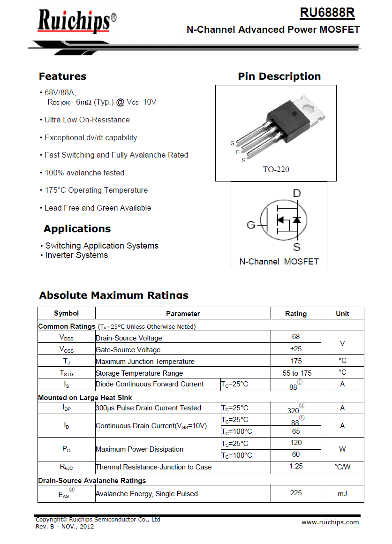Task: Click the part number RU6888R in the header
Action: (327, 13)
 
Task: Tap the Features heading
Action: (62, 76)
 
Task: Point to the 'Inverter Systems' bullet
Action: (76, 255)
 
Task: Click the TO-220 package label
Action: (276, 169)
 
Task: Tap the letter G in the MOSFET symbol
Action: (251, 225)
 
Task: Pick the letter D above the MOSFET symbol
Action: (297, 194)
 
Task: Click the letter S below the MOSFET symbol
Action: (297, 247)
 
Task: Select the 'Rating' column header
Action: (296, 314)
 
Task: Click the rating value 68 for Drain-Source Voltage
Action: (296, 337)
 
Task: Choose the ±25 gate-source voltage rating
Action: (296, 349)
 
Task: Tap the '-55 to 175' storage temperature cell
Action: (296, 373)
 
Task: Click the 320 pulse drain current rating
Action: (294, 410)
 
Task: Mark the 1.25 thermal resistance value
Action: (296, 466)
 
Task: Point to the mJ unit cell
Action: (342, 493)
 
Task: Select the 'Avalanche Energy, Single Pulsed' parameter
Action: (147, 493)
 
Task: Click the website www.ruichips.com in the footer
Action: (330, 522)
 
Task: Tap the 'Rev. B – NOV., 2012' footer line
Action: (65, 526)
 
